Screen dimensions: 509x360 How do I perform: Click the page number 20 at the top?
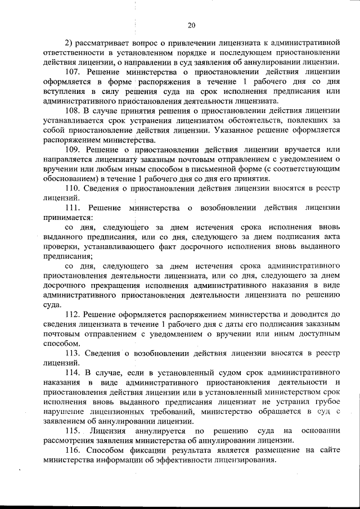191,25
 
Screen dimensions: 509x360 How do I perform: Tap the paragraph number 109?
73,149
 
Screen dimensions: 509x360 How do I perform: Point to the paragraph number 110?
73,188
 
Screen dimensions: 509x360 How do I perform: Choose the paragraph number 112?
73,314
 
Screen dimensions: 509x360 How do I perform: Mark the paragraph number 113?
73,353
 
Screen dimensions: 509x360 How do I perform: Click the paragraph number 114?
73,373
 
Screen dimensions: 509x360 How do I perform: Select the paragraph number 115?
73,431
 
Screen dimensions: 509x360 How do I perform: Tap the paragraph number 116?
73,451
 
